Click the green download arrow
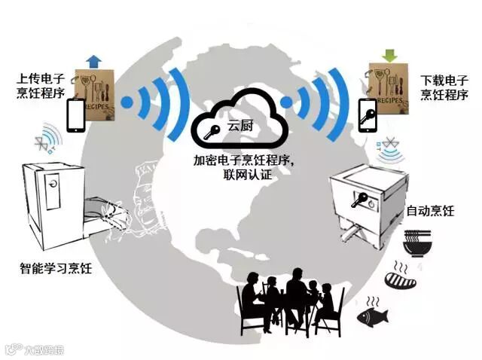click(389, 55)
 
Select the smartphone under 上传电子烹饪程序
click(76, 114)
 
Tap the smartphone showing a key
click(367, 114)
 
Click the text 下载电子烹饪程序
click(444, 87)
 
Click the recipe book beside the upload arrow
click(96, 94)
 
